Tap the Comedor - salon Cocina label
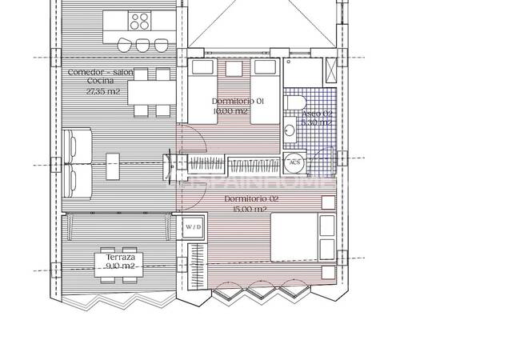click(x=94, y=77)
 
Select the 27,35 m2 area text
click(x=102, y=91)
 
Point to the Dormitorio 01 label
click(x=238, y=102)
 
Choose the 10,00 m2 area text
click(x=232, y=112)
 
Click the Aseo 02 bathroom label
click(x=316, y=114)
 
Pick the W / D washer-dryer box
click(x=194, y=226)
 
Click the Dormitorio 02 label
click(x=250, y=198)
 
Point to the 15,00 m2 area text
click(x=250, y=209)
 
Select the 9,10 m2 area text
click(x=118, y=266)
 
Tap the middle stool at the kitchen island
click(x=142, y=44)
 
